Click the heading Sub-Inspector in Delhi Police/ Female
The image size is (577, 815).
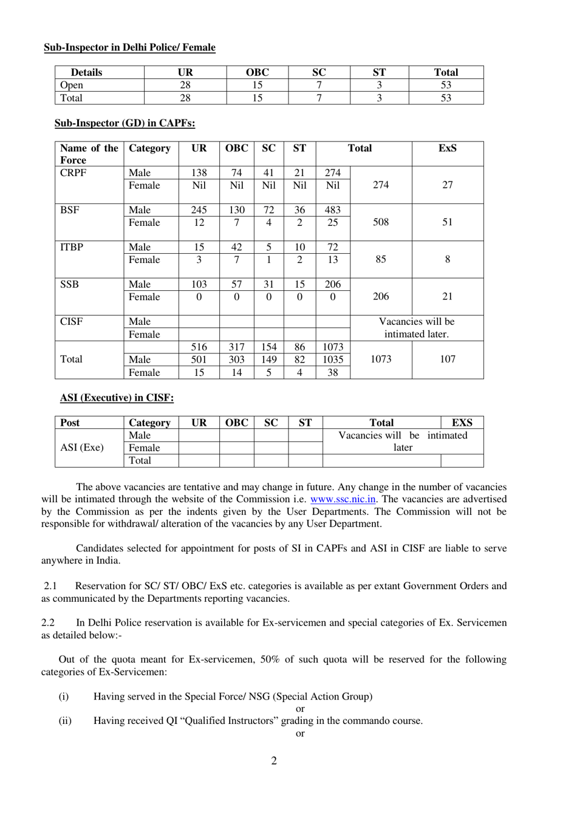pyautogui.click(x=129, y=47)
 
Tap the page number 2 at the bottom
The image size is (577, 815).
pyautogui.click(x=274, y=761)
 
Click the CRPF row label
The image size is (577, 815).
pyautogui.click(x=73, y=172)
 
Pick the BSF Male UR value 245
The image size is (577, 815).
pyautogui.click(x=199, y=210)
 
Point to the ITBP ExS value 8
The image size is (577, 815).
pyautogui.click(x=447, y=259)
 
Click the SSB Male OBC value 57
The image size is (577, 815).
pyautogui.click(x=236, y=284)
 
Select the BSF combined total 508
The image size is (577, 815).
pyautogui.click(x=380, y=222)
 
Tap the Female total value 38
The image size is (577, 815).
pyautogui.click(x=332, y=373)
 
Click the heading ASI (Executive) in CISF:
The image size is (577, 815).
pyautogui.click(x=117, y=398)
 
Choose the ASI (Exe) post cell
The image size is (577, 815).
pyautogui.click(x=82, y=448)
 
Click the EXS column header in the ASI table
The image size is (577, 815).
pyautogui.click(x=462, y=423)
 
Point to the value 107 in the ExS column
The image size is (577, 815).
pyautogui.click(x=447, y=359)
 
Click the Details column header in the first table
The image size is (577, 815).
pyautogui.click(x=86, y=72)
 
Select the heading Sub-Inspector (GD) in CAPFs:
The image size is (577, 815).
pyautogui.click(x=125, y=123)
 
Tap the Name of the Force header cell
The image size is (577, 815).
pyautogui.click(x=89, y=154)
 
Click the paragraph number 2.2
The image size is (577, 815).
pyautogui.click(x=48, y=622)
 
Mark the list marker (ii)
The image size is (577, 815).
pyautogui.click(x=64, y=721)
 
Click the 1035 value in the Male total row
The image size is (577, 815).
pyautogui.click(x=332, y=360)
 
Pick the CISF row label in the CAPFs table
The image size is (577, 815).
pyautogui.click(x=71, y=321)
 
